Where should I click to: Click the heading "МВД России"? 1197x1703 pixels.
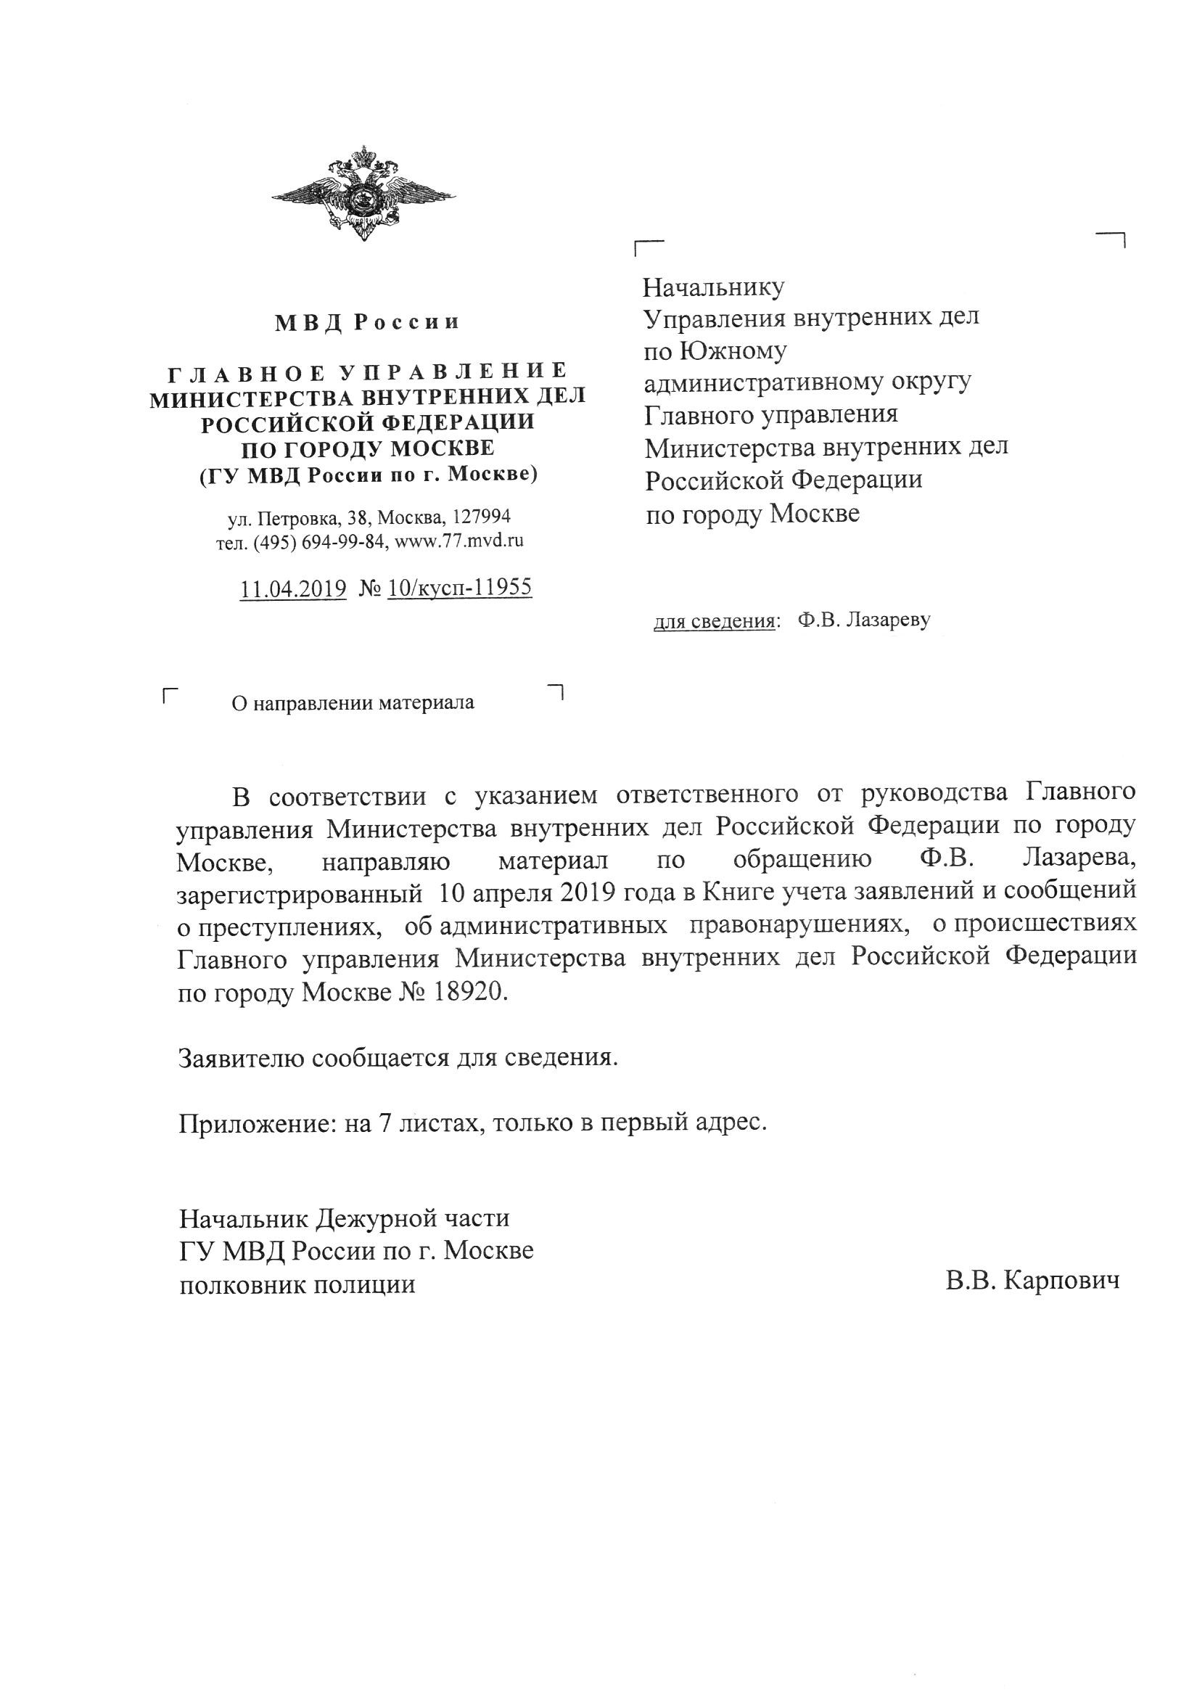367,323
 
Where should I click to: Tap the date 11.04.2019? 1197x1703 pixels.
293,588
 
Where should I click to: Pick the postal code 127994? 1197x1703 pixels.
481,516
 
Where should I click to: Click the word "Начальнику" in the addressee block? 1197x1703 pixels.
713,287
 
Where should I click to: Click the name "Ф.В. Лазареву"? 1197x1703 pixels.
864,620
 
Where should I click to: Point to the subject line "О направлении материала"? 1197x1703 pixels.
353,702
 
